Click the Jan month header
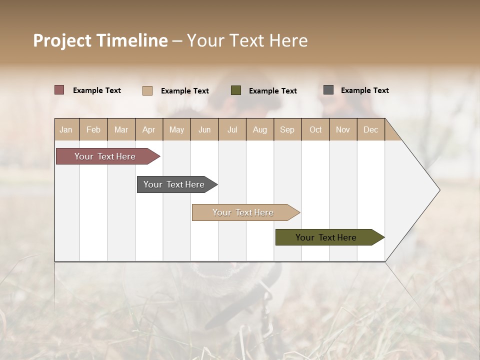pyautogui.click(x=66, y=129)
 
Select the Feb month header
pyautogui.click(x=93, y=129)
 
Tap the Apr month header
pyautogui.click(x=149, y=129)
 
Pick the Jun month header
pyautogui.click(x=204, y=129)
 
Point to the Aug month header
pyautogui.click(x=260, y=129)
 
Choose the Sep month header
pyautogui.click(x=287, y=129)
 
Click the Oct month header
pyautogui.click(x=315, y=129)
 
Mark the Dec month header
pyautogui.click(x=371, y=129)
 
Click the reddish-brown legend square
pyautogui.click(x=59, y=90)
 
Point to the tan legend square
pyautogui.click(x=147, y=90)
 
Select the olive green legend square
pyautogui.click(x=236, y=90)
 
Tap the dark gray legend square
pyautogui.click(x=328, y=90)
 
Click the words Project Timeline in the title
pyautogui.click(x=100, y=40)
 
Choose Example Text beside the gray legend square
pyautogui.click(x=365, y=90)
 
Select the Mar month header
pyautogui.click(x=121, y=129)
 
